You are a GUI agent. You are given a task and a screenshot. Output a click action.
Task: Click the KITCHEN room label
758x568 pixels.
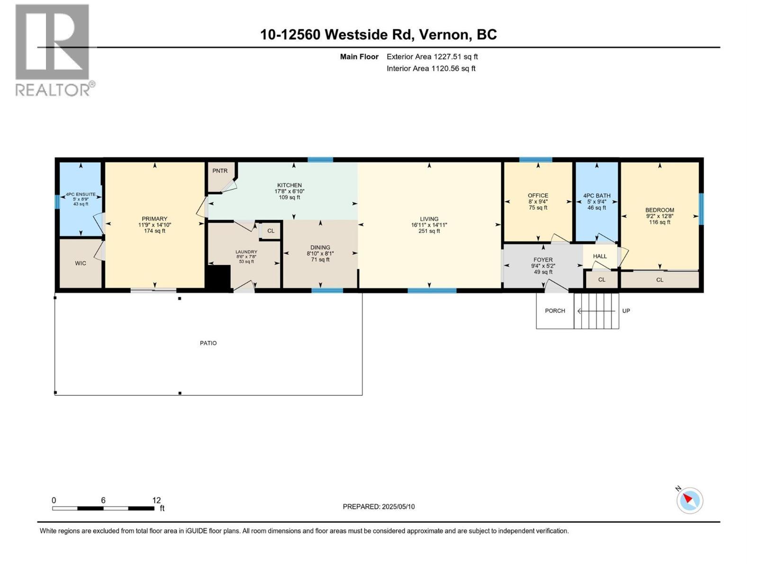pyautogui.click(x=289, y=185)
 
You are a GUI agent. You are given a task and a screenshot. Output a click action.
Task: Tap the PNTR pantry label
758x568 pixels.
pyautogui.click(x=220, y=171)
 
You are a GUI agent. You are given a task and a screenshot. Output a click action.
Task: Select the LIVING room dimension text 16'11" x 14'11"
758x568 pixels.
pyautogui.click(x=429, y=225)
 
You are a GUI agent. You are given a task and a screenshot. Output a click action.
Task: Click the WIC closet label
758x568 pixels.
pyautogui.click(x=81, y=263)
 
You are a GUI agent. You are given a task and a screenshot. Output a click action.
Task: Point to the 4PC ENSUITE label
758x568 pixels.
pyautogui.click(x=81, y=194)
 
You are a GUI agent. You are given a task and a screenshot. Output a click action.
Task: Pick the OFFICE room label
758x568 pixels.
pyautogui.click(x=538, y=195)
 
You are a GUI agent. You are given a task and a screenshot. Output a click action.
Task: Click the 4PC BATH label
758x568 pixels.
pyautogui.click(x=596, y=195)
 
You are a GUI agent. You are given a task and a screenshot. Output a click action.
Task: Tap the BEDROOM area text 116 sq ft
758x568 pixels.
pyautogui.click(x=659, y=222)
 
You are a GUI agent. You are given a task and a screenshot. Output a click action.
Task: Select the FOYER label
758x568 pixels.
pyautogui.click(x=543, y=260)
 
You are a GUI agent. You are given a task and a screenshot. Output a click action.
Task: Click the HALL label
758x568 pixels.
pyautogui.click(x=600, y=256)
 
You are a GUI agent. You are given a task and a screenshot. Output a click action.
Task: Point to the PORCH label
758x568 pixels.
pyautogui.click(x=555, y=311)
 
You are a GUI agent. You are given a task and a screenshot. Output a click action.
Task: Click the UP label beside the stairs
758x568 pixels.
pyautogui.click(x=626, y=311)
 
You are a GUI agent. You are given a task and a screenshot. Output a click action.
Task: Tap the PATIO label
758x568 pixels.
pyautogui.click(x=208, y=343)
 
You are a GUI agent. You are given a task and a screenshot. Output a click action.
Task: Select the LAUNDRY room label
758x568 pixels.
pyautogui.click(x=246, y=252)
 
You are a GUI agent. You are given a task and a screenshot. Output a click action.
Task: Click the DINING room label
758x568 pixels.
pyautogui.click(x=320, y=248)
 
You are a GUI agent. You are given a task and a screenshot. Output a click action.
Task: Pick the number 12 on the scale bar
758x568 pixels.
pyautogui.click(x=156, y=500)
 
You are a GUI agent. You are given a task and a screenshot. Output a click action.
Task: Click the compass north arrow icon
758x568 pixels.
pyautogui.click(x=689, y=500)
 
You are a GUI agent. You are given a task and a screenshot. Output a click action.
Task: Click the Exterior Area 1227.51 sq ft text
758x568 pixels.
pyautogui.click(x=432, y=57)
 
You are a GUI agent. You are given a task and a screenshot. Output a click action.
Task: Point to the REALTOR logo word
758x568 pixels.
pyautogui.click(x=53, y=89)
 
